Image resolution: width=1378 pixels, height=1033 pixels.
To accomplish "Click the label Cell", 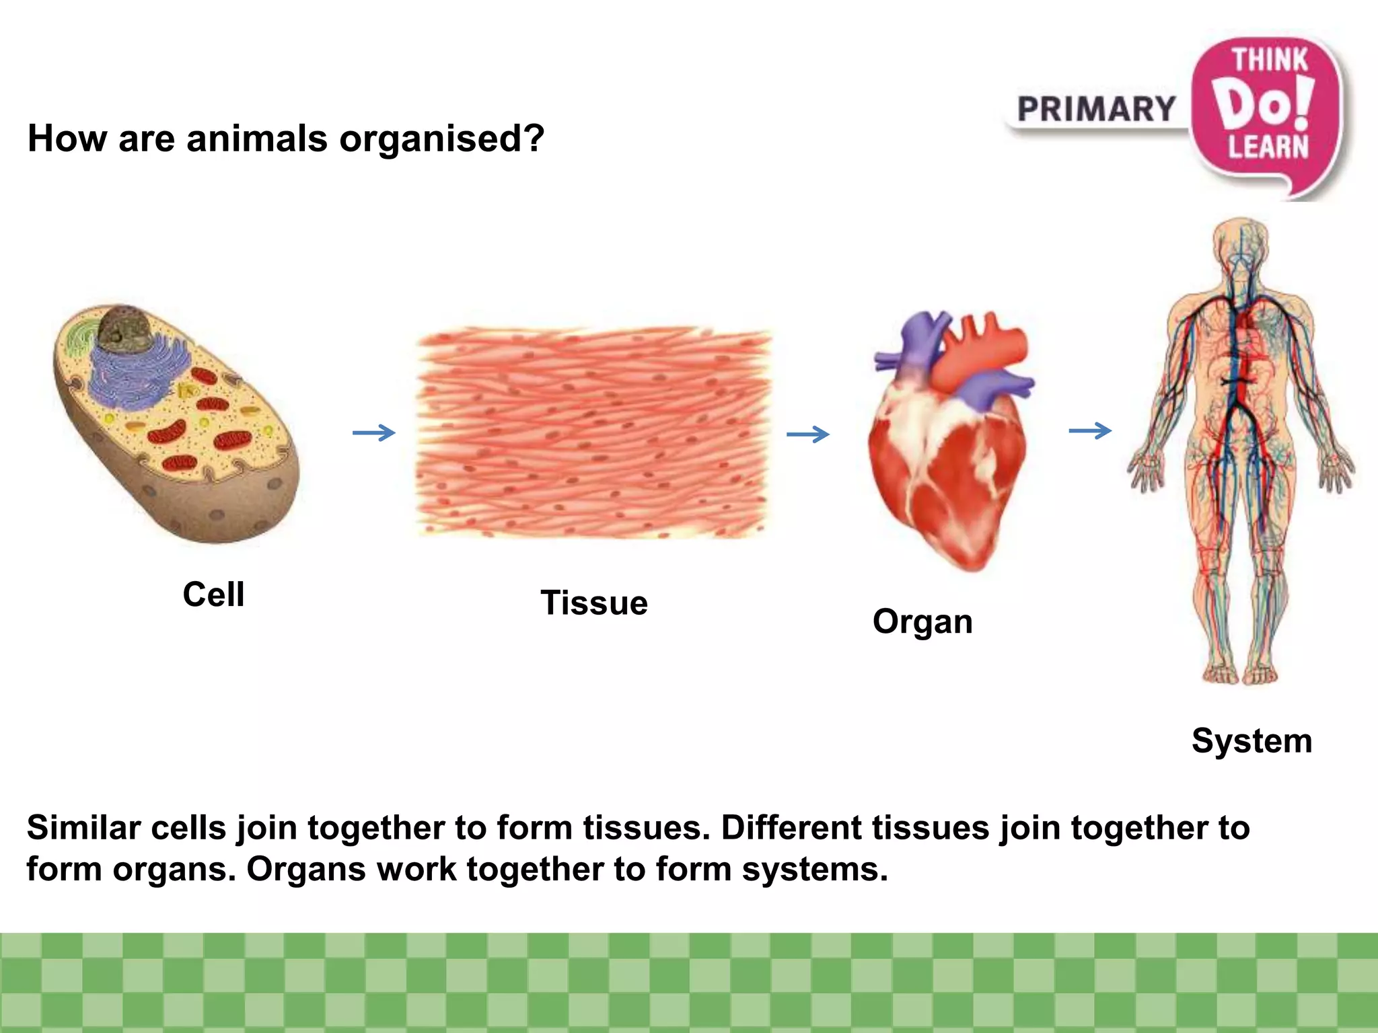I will tap(213, 595).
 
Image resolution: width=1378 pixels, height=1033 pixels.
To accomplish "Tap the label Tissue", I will tap(593, 603).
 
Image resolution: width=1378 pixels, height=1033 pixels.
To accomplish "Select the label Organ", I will tap(922, 622).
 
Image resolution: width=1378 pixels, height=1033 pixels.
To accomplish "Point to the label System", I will tap(1252, 741).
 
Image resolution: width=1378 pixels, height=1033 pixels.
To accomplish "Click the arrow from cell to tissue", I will tap(374, 432).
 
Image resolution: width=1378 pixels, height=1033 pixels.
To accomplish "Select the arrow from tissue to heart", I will tap(808, 434).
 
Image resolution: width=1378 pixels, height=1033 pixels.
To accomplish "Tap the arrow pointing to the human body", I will tap(1090, 430).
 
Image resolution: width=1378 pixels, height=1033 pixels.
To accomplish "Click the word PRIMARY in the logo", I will tap(1096, 109).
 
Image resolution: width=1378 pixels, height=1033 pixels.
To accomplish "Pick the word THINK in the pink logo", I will tap(1270, 60).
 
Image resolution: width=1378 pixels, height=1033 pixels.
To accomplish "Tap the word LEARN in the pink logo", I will tap(1268, 147).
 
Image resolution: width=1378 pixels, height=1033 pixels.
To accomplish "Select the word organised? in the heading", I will tap(441, 140).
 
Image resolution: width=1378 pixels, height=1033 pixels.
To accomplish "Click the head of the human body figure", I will tap(1241, 242).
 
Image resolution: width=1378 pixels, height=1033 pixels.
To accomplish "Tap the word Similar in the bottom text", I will tap(83, 827).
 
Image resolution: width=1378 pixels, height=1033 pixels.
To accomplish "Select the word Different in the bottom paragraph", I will tap(791, 827).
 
